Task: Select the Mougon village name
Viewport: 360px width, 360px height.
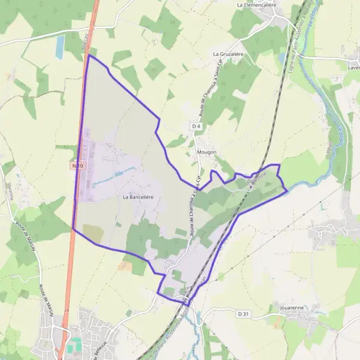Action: pos(206,152)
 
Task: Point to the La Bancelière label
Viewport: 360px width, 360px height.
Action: pos(139,196)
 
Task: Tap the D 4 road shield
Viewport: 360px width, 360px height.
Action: pos(196,127)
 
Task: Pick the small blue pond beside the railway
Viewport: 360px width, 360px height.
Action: pos(282,58)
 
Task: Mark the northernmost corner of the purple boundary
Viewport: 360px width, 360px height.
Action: pos(89,56)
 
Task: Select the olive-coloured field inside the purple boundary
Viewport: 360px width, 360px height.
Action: pos(93,234)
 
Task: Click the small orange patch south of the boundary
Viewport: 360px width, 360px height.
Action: pos(125,265)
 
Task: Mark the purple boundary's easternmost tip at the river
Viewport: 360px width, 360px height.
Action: pos(287,191)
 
